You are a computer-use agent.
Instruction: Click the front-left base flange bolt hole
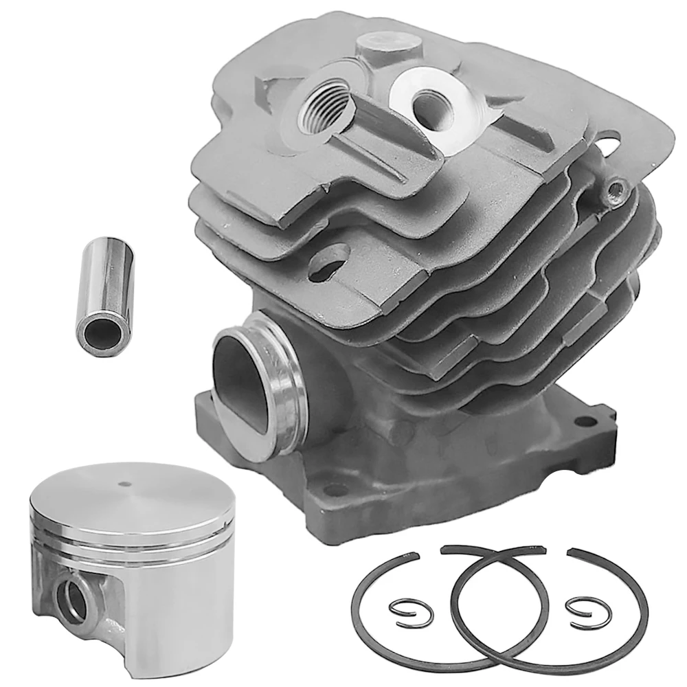pos(335,489)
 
